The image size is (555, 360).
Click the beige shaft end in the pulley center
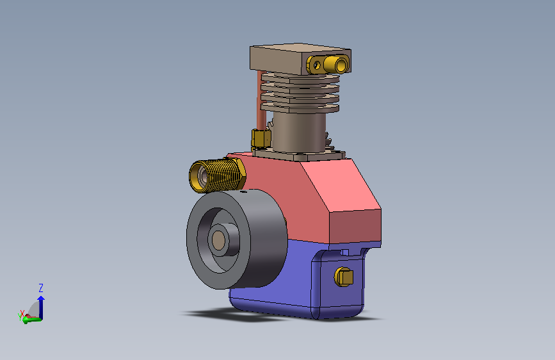pyautogui.click(x=218, y=240)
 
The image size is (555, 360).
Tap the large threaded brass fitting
pyautogui.click(x=216, y=175)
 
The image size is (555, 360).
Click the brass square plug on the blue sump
pyautogui.click(x=344, y=277)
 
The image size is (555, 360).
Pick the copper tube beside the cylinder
pyautogui.click(x=261, y=101)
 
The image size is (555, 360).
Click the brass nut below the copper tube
pyautogui.click(x=261, y=138)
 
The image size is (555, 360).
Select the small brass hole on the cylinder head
pyautogui.click(x=317, y=65)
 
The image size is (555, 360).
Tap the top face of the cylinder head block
pyautogui.click(x=300, y=48)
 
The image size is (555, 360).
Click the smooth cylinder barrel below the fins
pyautogui.click(x=300, y=132)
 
